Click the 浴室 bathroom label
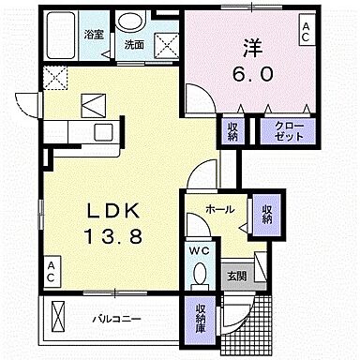(93, 35)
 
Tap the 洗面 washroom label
(133, 44)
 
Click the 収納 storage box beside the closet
(232, 129)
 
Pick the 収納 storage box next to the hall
(266, 215)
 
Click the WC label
(198, 250)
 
